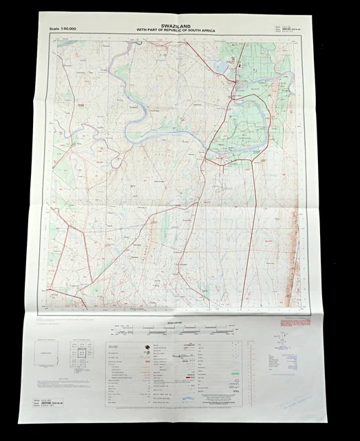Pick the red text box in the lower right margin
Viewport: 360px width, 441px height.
[x=293, y=322]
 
